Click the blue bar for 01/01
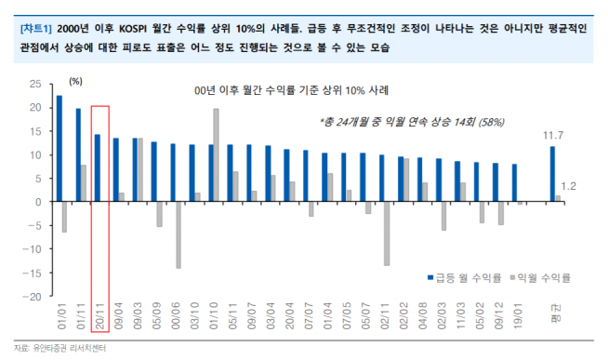59,149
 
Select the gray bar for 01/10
216,155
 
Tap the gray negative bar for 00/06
178,235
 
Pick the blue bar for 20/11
98,168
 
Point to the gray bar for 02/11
387,233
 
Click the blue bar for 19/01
514,183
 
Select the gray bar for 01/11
84,183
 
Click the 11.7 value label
554,136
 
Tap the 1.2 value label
569,187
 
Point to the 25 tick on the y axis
34,84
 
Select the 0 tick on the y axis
37,202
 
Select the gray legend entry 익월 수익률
539,277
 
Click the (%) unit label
77,82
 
